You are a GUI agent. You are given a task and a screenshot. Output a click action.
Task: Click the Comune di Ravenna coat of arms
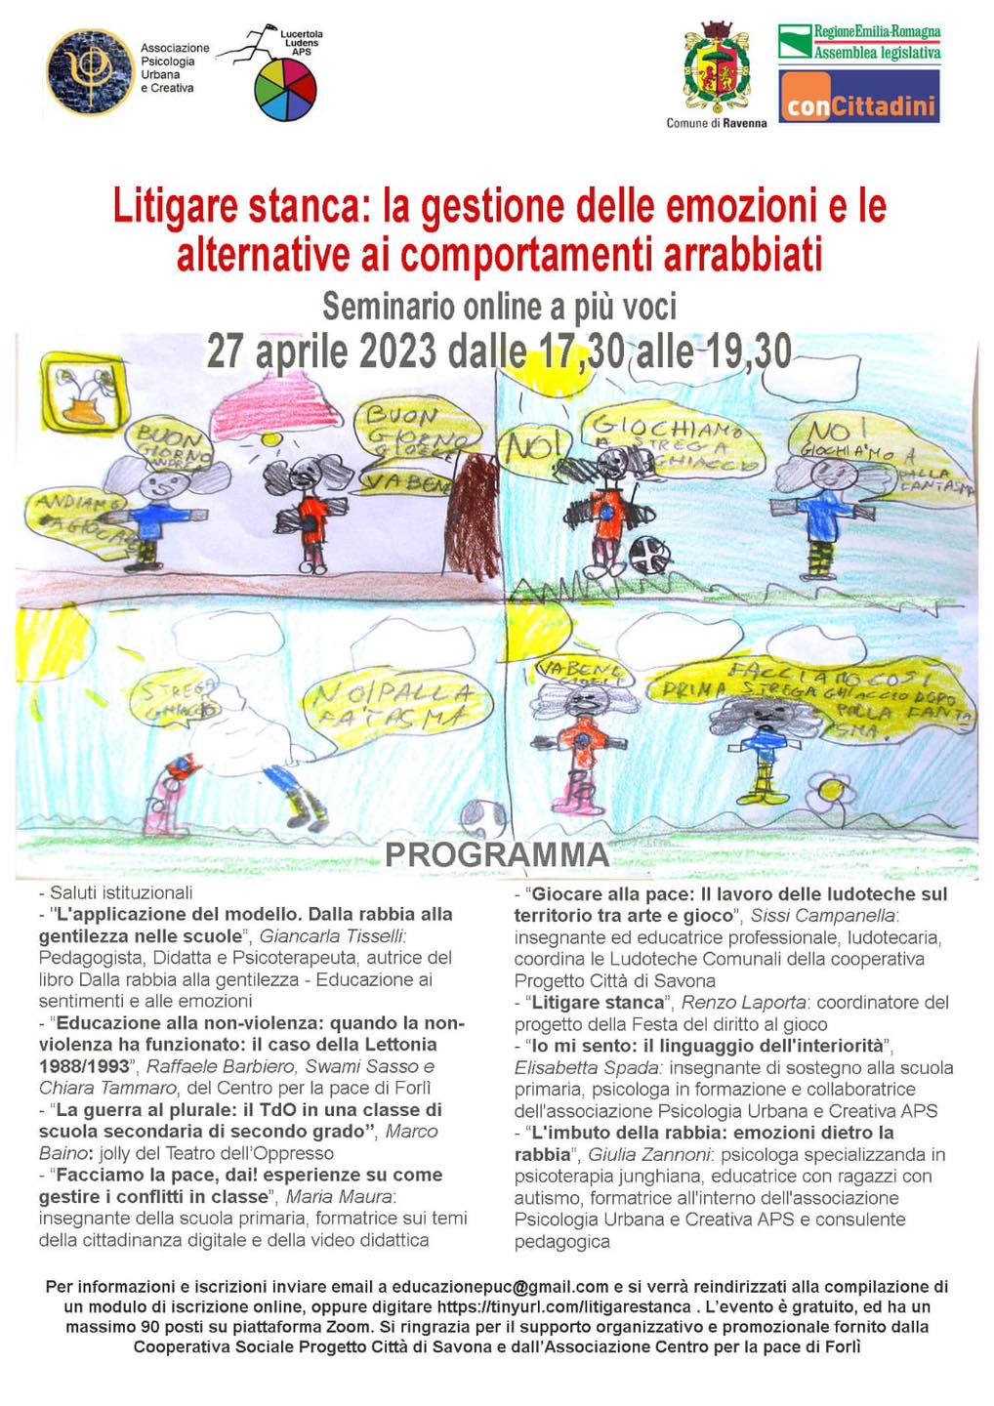[717, 68]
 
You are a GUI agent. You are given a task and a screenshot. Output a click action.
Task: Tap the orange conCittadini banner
[858, 97]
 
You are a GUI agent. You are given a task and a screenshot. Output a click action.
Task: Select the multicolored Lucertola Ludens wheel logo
[285, 90]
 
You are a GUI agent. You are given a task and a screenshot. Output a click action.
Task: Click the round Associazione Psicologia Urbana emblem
[90, 72]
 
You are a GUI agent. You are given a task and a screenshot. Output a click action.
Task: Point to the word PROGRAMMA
[496, 854]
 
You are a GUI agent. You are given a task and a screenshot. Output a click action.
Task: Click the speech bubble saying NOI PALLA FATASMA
[396, 705]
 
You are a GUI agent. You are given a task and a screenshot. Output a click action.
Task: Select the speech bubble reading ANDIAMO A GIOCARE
[78, 518]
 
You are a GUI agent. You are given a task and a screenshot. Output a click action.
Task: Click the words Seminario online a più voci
[499, 307]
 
